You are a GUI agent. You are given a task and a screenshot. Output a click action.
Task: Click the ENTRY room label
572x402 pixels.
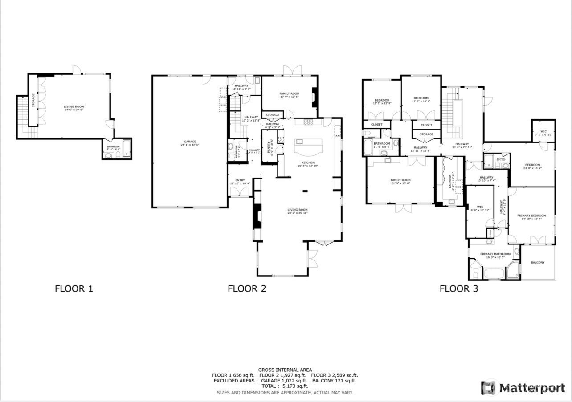240,180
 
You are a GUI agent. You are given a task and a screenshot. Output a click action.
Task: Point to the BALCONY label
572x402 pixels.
538,262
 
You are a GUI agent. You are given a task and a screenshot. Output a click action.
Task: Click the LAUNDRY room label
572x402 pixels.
453,180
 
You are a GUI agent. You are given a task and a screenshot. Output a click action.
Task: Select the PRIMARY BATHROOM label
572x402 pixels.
495,254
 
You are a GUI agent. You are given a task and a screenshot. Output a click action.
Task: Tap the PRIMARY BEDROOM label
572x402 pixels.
531,215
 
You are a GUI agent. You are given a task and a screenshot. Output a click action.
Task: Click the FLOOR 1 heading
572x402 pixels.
74,288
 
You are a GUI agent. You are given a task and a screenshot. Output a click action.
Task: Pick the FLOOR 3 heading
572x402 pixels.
458,288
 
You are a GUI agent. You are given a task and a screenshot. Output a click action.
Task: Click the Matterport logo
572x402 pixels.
523,388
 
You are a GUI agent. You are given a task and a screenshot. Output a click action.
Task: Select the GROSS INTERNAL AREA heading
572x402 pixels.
285,370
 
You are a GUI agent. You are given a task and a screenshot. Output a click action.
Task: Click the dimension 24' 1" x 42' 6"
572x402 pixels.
190,145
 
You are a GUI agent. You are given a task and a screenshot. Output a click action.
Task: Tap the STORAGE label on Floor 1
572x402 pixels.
33,101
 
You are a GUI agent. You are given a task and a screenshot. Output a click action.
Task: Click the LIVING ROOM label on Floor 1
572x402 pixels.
74,106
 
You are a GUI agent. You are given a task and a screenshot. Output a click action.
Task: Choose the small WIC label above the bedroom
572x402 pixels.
543,131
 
